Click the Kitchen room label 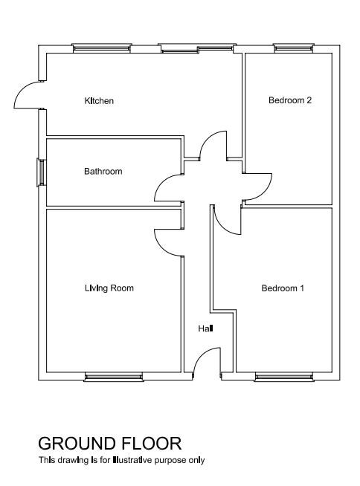point(99,101)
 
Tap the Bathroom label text point(103,172)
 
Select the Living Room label point(109,288)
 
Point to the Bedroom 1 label point(283,288)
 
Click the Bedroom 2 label point(290,100)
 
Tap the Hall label point(205,328)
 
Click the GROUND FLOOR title point(109,443)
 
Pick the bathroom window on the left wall point(41,172)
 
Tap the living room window point(114,377)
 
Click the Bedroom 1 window point(284,377)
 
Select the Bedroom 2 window point(294,48)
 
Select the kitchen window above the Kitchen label point(102,48)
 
